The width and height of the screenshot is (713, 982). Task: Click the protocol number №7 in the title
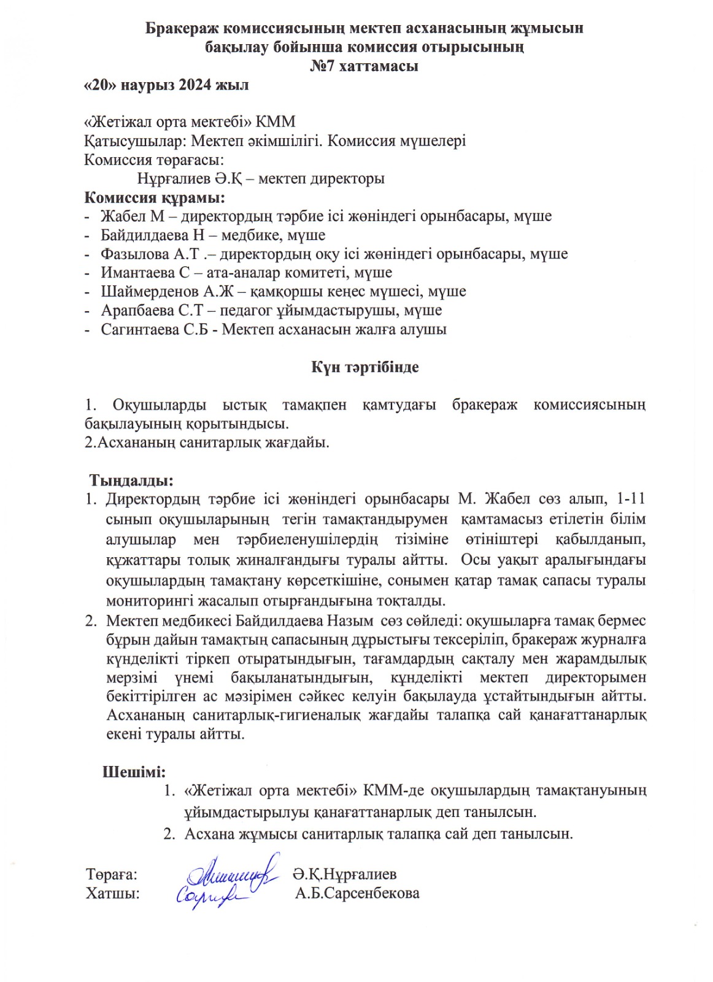(322, 66)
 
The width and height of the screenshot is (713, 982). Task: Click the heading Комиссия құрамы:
(154, 198)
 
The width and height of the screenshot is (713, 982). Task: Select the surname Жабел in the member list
(123, 216)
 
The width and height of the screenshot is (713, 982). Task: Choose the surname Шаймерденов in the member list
(150, 292)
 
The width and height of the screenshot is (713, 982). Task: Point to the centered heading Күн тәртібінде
(364, 367)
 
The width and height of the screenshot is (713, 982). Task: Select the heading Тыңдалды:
(131, 479)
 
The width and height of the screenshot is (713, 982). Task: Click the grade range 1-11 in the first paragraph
(630, 498)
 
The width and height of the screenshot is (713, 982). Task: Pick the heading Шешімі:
(134, 771)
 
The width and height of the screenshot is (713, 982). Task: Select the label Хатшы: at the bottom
(113, 893)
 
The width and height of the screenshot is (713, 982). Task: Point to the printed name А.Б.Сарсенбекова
(357, 893)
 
